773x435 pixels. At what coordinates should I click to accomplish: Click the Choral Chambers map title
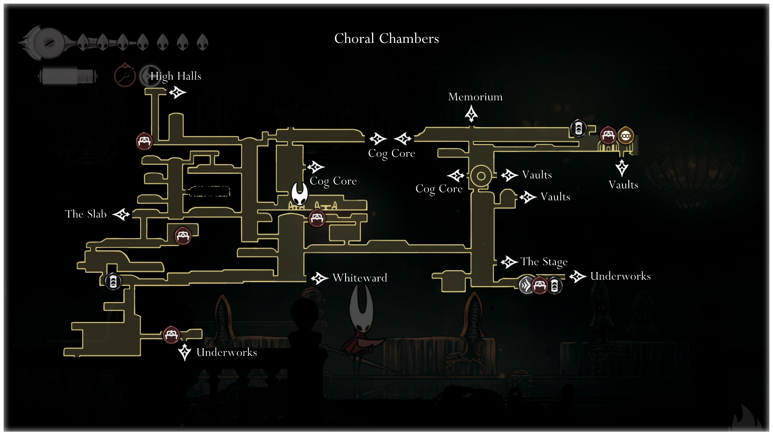tap(386, 39)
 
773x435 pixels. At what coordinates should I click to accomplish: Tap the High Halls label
tap(176, 76)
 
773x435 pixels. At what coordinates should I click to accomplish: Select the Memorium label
tap(475, 97)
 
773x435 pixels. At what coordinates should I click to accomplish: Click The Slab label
tap(86, 214)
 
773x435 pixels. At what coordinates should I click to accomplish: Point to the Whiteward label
tap(360, 278)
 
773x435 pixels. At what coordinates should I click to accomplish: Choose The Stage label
tap(544, 262)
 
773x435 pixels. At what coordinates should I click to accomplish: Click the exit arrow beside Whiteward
tap(319, 278)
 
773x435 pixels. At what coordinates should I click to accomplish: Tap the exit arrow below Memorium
tap(471, 114)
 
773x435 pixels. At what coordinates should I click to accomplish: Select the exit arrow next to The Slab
tap(121, 214)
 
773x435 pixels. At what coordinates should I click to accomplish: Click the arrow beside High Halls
tap(178, 92)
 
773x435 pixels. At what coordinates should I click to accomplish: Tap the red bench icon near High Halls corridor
tap(144, 141)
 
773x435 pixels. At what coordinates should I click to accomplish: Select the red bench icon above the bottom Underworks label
tap(171, 335)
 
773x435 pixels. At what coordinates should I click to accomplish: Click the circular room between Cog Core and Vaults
tap(481, 176)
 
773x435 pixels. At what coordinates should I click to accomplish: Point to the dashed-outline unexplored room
tap(208, 191)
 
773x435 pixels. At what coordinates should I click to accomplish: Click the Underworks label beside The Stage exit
tap(621, 276)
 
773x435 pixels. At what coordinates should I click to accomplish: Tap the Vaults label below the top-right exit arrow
tap(623, 185)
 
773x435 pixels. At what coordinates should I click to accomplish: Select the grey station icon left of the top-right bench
tap(578, 128)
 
